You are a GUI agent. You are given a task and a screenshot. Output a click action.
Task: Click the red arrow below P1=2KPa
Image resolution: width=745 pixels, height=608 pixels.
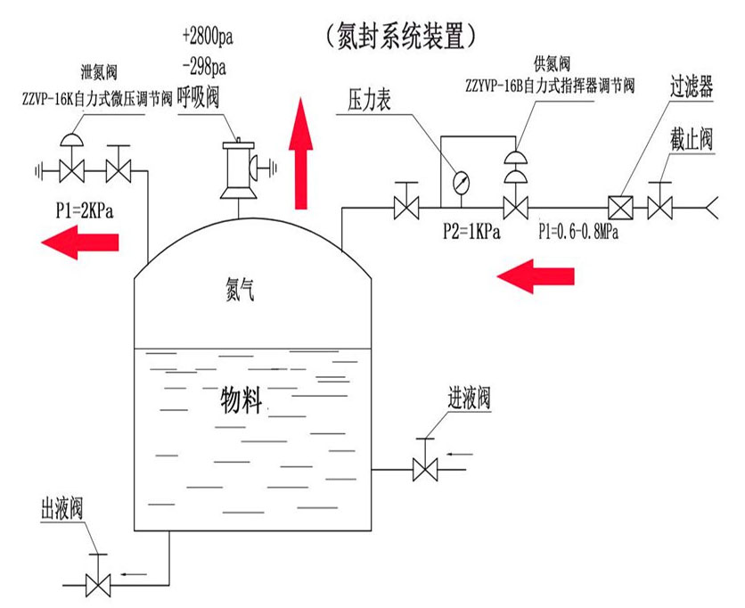80,242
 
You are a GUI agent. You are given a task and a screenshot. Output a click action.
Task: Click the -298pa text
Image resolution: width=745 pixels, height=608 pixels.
203,66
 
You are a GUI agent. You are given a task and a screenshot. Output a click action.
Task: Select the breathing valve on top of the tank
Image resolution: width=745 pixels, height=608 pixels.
239,168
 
